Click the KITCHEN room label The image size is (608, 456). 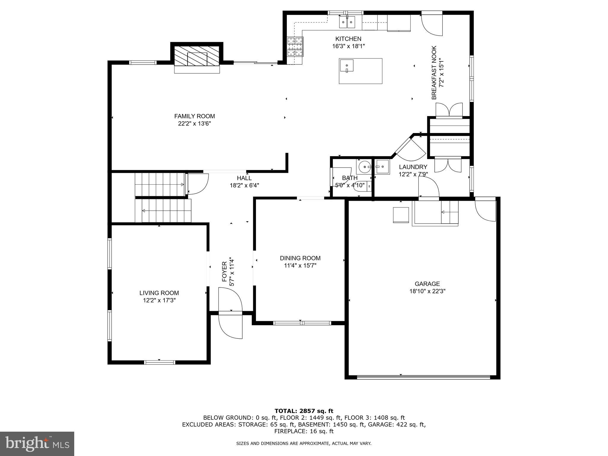(x=348, y=39)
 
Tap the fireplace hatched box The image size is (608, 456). (x=197, y=56)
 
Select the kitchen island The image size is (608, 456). (x=360, y=71)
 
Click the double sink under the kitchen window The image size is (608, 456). (x=347, y=22)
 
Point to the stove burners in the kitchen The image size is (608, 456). (x=295, y=47)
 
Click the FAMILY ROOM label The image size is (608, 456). (x=194, y=116)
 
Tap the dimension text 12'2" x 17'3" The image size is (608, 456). (x=159, y=300)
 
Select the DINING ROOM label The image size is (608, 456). (x=300, y=258)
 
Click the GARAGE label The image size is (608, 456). (x=427, y=284)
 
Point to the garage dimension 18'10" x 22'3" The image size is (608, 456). (x=427, y=291)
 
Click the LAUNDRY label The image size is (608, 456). (x=413, y=167)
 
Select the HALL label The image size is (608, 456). (x=244, y=178)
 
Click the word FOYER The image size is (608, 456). (x=224, y=272)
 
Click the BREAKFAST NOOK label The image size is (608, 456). (x=434, y=72)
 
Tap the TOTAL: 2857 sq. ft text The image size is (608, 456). (x=304, y=411)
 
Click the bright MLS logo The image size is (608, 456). (x=37, y=444)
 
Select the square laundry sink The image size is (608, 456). (x=382, y=167)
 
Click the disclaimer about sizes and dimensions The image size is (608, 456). (x=304, y=443)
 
